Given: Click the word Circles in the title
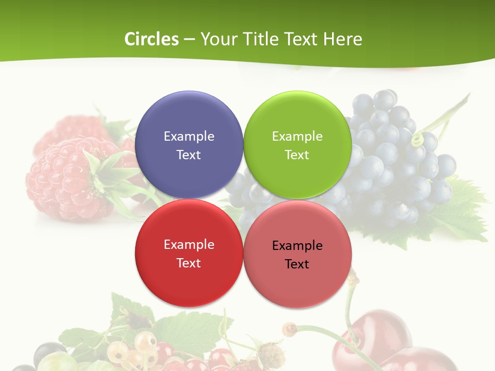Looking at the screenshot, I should click(x=152, y=39).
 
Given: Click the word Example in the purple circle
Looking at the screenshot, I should click(x=189, y=136).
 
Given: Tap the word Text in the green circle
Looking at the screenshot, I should click(x=297, y=155).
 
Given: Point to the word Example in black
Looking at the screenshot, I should click(x=297, y=245).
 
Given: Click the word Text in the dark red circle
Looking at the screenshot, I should click(x=189, y=263).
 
